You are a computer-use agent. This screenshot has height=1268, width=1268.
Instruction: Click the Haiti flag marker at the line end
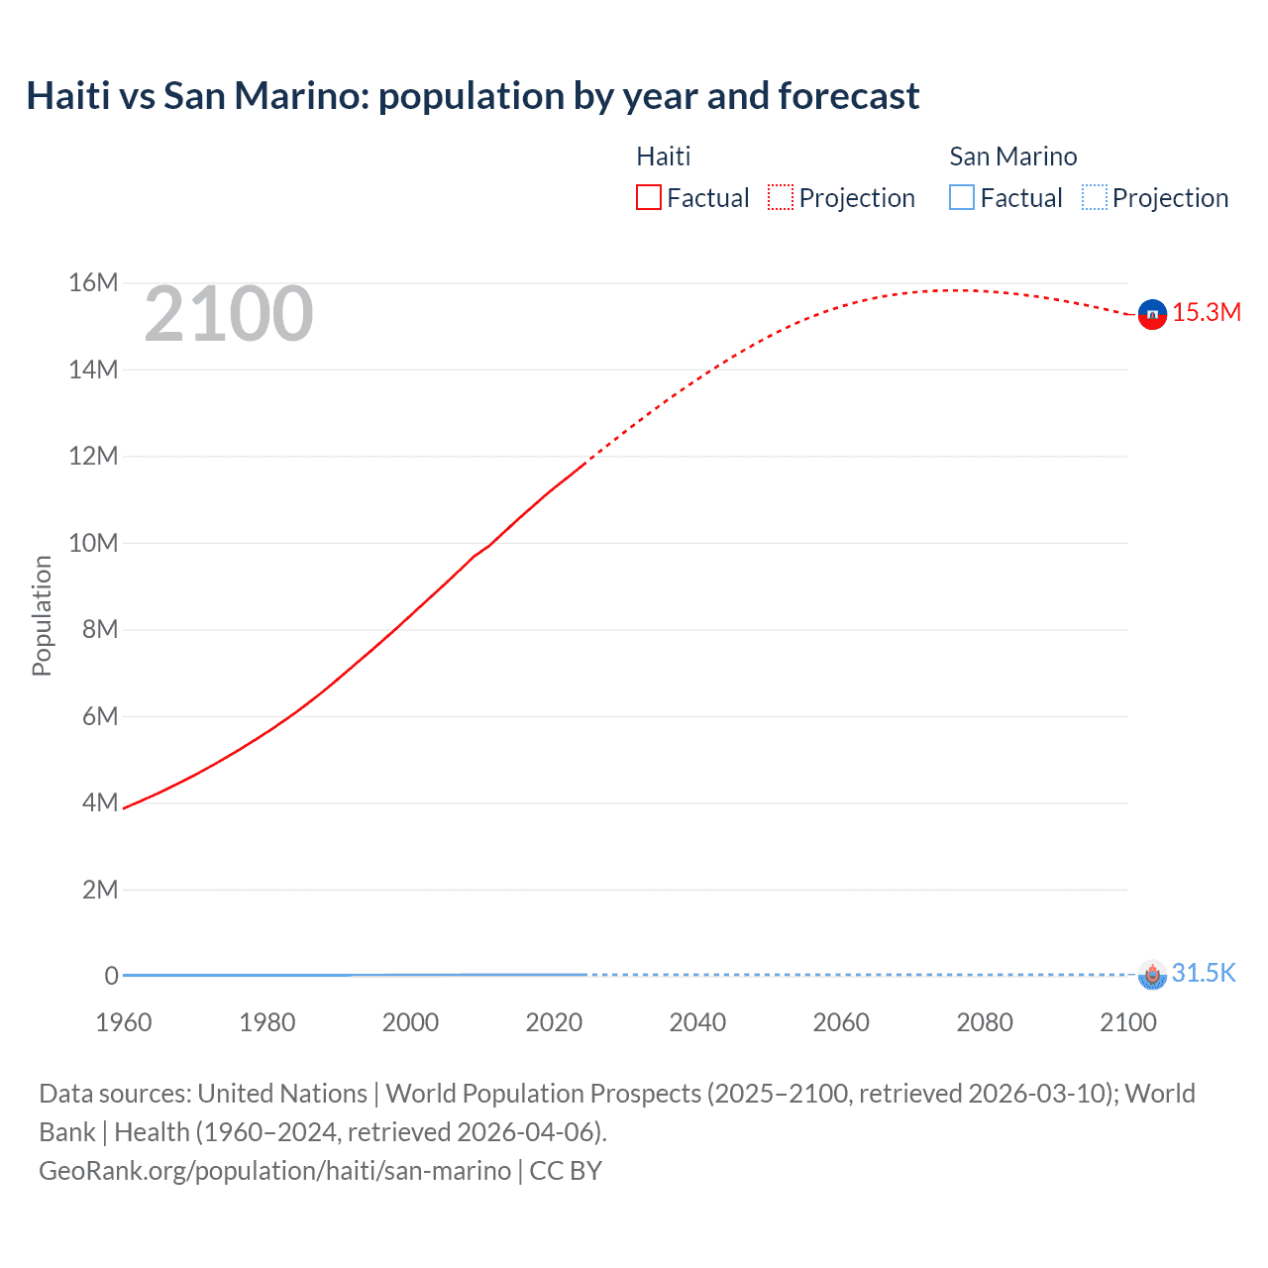coord(1151,314)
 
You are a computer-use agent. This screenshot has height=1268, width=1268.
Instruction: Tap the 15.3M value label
coord(1206,312)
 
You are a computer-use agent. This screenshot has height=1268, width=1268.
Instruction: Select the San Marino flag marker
coord(1151,975)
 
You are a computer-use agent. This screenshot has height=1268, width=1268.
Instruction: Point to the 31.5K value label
coord(1204,973)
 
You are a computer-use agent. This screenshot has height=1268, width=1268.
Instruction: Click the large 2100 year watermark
coord(229,314)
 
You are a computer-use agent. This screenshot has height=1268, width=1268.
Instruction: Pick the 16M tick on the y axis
coord(93,283)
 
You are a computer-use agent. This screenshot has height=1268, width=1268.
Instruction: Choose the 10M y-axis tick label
coord(93,543)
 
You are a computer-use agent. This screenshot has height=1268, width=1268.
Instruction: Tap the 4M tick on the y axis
coord(100,802)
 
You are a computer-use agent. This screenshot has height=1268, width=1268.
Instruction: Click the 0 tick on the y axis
coord(112,976)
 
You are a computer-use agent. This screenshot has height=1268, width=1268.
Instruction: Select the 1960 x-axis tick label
coord(124,1022)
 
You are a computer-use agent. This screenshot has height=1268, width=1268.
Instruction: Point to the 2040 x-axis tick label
coord(697,1022)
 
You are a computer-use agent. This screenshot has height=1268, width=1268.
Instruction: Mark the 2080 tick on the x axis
coord(985,1022)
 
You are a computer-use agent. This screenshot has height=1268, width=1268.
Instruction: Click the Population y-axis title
coord(42,615)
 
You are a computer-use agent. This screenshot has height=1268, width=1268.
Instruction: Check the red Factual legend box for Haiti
coord(648,197)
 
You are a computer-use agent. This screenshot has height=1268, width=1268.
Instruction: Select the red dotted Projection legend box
coord(781,197)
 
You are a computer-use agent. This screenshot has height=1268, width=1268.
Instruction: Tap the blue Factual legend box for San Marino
coord(961,197)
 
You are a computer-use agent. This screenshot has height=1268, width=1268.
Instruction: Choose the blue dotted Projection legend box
coord(1094,197)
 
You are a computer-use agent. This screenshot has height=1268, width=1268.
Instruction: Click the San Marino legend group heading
coord(1012,157)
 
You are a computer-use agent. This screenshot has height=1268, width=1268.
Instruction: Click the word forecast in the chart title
coord(849,96)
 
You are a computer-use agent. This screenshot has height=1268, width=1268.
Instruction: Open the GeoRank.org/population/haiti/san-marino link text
coord(274,1171)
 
